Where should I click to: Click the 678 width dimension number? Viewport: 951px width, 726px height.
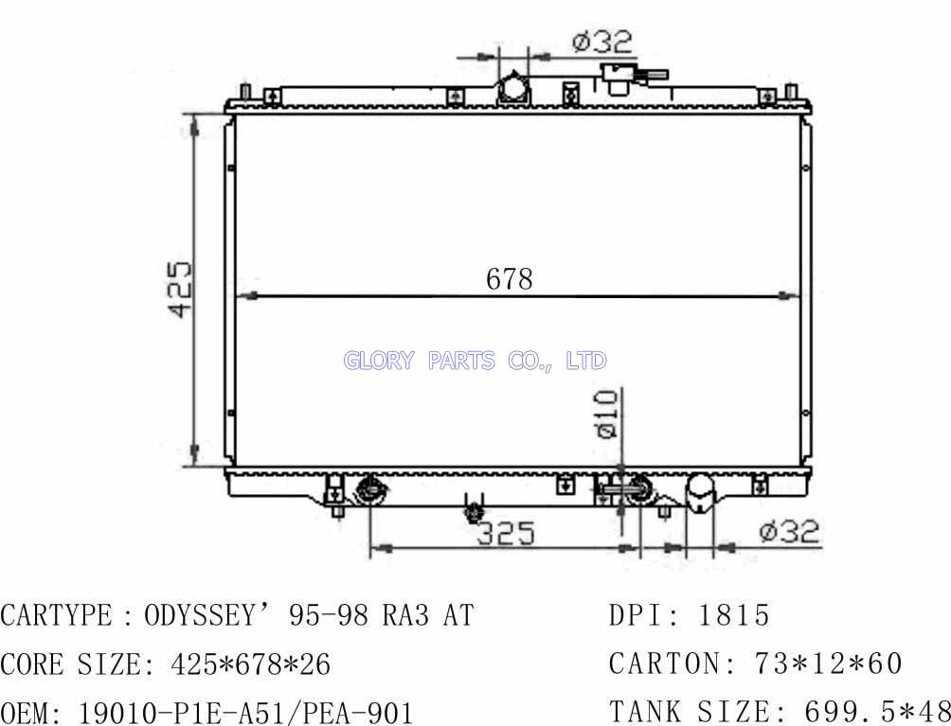pos(509,279)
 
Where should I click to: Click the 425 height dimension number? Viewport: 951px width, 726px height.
pos(180,289)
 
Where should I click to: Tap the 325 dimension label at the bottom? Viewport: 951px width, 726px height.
pos(506,533)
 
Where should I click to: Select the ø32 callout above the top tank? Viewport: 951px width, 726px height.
pos(601,42)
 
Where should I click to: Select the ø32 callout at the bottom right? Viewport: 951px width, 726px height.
pos(789,531)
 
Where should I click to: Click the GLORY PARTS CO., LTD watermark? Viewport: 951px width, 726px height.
pos(475,361)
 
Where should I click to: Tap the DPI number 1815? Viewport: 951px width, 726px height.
pos(734,615)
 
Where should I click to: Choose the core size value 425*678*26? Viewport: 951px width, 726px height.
pos(250,664)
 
